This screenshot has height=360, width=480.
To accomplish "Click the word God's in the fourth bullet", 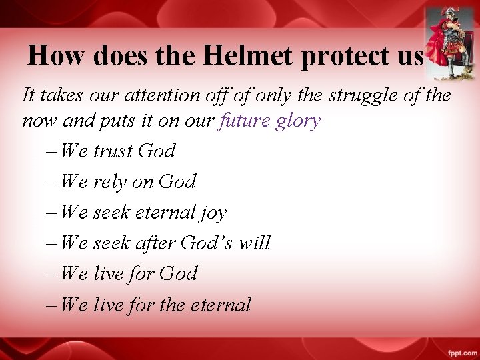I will point(210,243).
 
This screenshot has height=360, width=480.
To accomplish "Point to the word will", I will point(255,243).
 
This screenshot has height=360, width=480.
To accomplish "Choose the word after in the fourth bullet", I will point(155,243).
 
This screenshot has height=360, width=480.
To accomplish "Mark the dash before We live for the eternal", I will point(52,305).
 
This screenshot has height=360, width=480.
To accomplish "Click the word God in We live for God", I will point(179,274).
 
